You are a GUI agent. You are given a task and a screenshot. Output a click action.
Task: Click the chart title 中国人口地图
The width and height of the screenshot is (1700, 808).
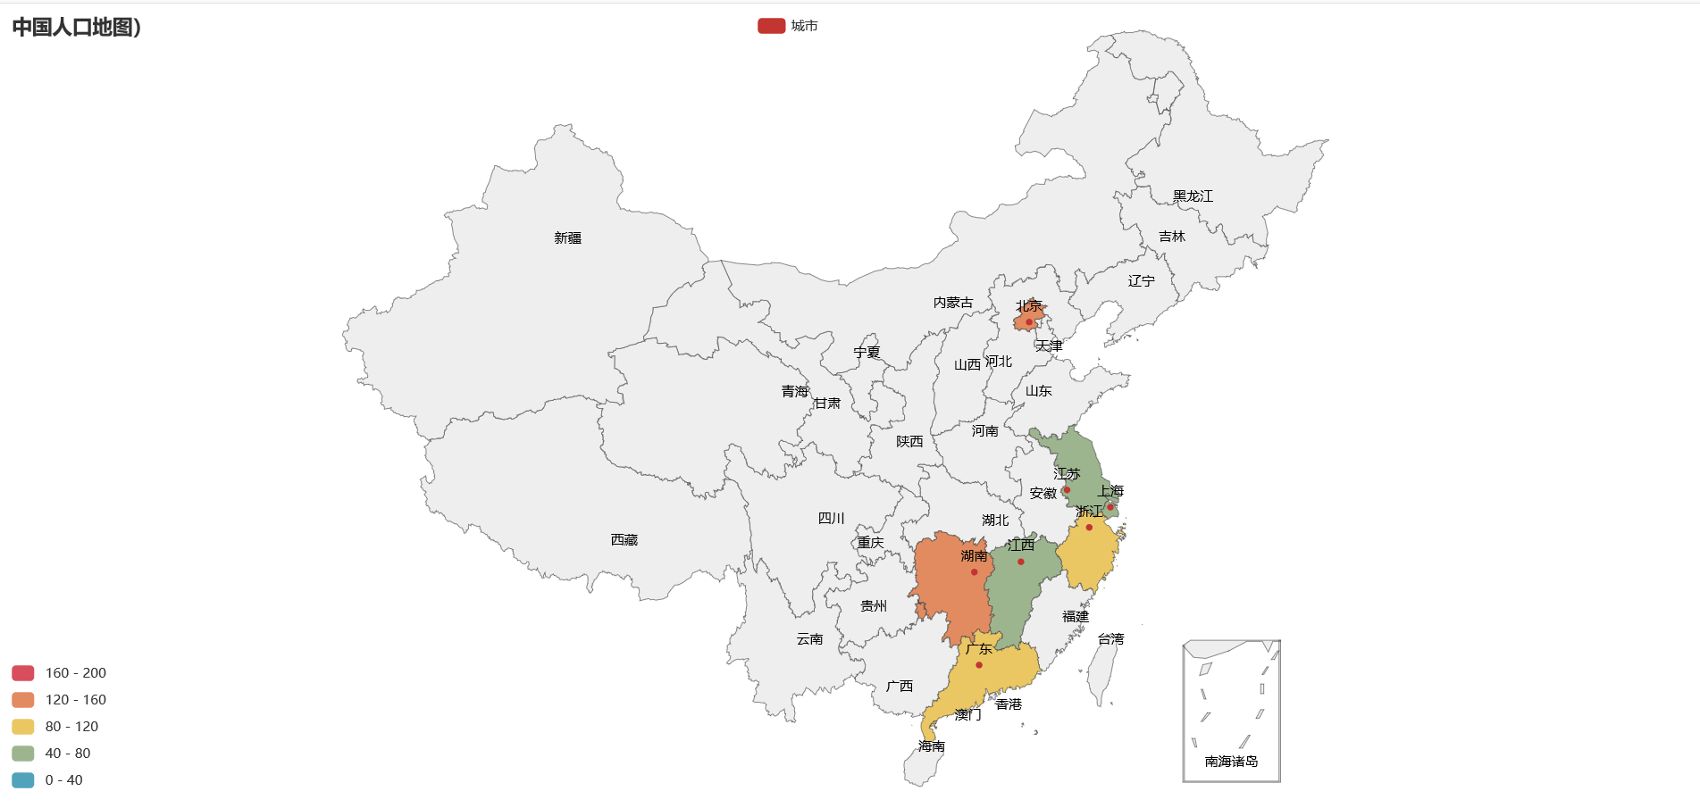tap(76, 27)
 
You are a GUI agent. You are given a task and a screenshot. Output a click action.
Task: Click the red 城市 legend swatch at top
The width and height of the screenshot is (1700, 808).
tap(771, 26)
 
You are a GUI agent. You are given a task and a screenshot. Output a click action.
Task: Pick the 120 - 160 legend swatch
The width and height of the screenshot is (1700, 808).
tap(23, 700)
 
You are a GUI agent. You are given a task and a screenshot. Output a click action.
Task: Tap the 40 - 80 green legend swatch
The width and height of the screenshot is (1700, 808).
tap(23, 754)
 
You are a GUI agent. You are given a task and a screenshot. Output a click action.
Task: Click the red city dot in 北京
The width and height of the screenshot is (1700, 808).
tap(1029, 322)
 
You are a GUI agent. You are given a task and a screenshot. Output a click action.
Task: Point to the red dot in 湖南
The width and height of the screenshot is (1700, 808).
tap(974, 572)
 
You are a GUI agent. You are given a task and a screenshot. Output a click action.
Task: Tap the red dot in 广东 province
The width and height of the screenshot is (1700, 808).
tap(979, 665)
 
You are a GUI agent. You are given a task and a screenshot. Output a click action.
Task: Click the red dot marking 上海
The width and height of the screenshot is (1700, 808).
tap(1110, 507)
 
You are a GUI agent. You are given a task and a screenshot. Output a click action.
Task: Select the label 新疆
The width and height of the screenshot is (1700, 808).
tap(567, 238)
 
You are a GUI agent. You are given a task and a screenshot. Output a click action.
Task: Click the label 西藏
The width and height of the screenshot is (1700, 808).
tap(624, 540)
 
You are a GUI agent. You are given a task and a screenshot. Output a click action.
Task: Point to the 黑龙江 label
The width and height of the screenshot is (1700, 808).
tap(1193, 196)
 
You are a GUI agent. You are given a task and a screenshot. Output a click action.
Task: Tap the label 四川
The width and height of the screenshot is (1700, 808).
tap(831, 519)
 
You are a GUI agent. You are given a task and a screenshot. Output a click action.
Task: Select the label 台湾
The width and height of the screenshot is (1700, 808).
tap(1110, 639)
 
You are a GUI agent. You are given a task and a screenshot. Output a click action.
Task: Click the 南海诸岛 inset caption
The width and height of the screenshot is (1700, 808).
tap(1231, 762)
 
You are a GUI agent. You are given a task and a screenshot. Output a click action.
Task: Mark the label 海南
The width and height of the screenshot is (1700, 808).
tap(931, 746)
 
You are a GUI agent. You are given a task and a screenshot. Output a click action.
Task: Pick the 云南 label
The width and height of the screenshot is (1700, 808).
tap(809, 639)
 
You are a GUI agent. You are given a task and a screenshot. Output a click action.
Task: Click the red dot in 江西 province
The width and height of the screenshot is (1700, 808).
tap(1021, 562)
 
